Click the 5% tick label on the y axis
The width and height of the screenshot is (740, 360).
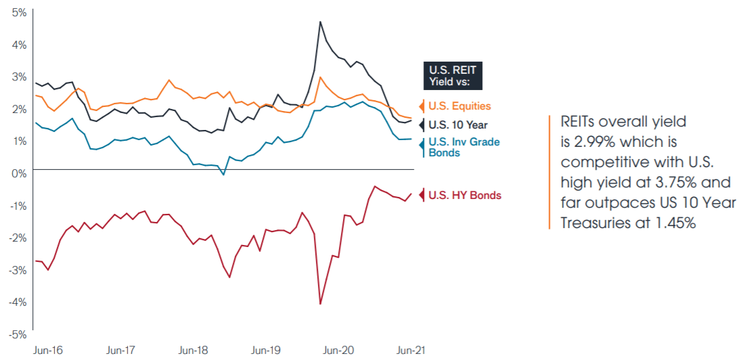(x=18, y=13)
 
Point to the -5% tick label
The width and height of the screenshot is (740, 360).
(x=17, y=335)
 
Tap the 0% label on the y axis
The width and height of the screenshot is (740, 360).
(x=18, y=173)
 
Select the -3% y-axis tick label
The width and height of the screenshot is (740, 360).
(x=17, y=270)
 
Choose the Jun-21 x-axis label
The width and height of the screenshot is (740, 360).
(x=410, y=351)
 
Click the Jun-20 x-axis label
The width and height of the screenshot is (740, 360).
(x=338, y=351)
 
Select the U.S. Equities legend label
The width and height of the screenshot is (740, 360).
(x=459, y=106)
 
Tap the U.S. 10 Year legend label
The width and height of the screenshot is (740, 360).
(x=458, y=125)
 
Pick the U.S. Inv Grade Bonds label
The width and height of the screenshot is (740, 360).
(x=459, y=148)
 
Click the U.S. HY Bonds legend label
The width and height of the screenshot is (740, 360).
(x=465, y=196)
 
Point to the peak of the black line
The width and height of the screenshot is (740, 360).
(x=320, y=22)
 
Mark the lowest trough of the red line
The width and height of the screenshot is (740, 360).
(x=320, y=305)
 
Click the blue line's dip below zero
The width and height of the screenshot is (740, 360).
(x=223, y=175)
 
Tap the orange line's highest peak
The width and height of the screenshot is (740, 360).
(x=321, y=77)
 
